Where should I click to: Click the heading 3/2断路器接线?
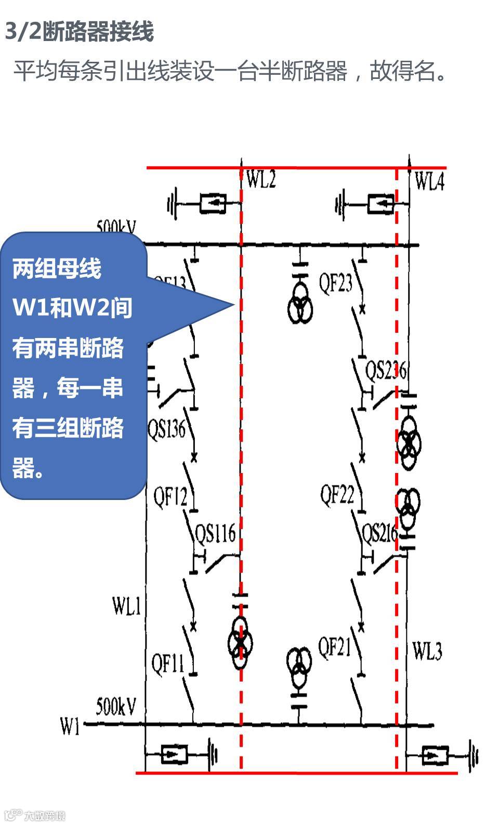click(x=79, y=32)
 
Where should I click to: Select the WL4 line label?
click(x=429, y=182)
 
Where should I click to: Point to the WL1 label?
click(x=126, y=605)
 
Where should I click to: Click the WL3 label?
click(x=427, y=651)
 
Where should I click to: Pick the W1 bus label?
click(x=70, y=726)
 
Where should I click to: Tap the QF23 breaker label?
click(x=335, y=283)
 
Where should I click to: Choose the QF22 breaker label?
click(x=337, y=495)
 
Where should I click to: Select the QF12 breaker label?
click(x=170, y=497)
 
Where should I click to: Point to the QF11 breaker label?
click(x=167, y=664)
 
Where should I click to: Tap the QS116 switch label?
click(x=215, y=533)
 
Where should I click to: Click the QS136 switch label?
click(x=166, y=429)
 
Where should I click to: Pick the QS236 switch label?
click(x=385, y=370)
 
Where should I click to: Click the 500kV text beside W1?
click(x=116, y=706)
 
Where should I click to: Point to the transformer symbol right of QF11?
click(x=240, y=643)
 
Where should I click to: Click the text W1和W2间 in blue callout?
click(x=72, y=308)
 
